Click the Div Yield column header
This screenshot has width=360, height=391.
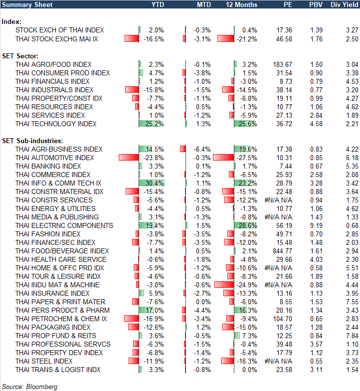tap(344, 4)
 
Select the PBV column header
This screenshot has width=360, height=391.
tap(316, 4)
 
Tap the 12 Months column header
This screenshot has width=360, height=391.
tap(241, 4)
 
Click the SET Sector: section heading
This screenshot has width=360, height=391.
tap(21, 55)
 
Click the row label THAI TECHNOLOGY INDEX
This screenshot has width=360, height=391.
tap(56, 124)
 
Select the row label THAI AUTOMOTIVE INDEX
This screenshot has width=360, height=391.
tap(54, 158)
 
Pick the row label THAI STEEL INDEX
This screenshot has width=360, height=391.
tap(44, 361)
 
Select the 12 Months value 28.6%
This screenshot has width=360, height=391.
tap(248, 225)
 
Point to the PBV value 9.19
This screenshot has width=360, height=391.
tap(315, 225)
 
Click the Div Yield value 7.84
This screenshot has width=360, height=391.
tap(351, 336)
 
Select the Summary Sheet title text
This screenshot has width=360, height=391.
tap(24, 4)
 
